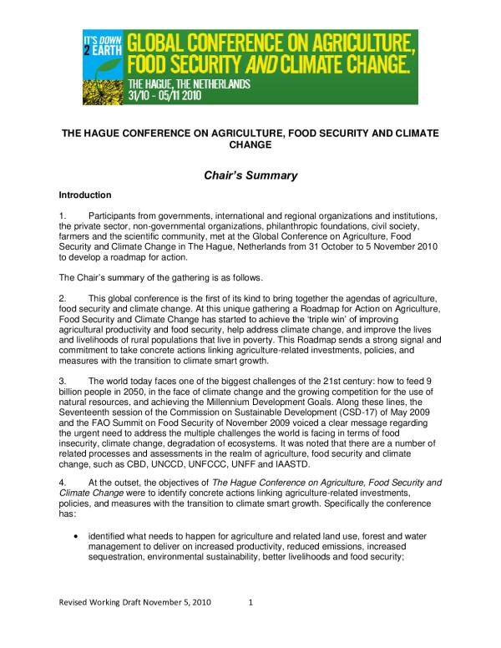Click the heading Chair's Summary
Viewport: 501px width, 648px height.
pos(251,176)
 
